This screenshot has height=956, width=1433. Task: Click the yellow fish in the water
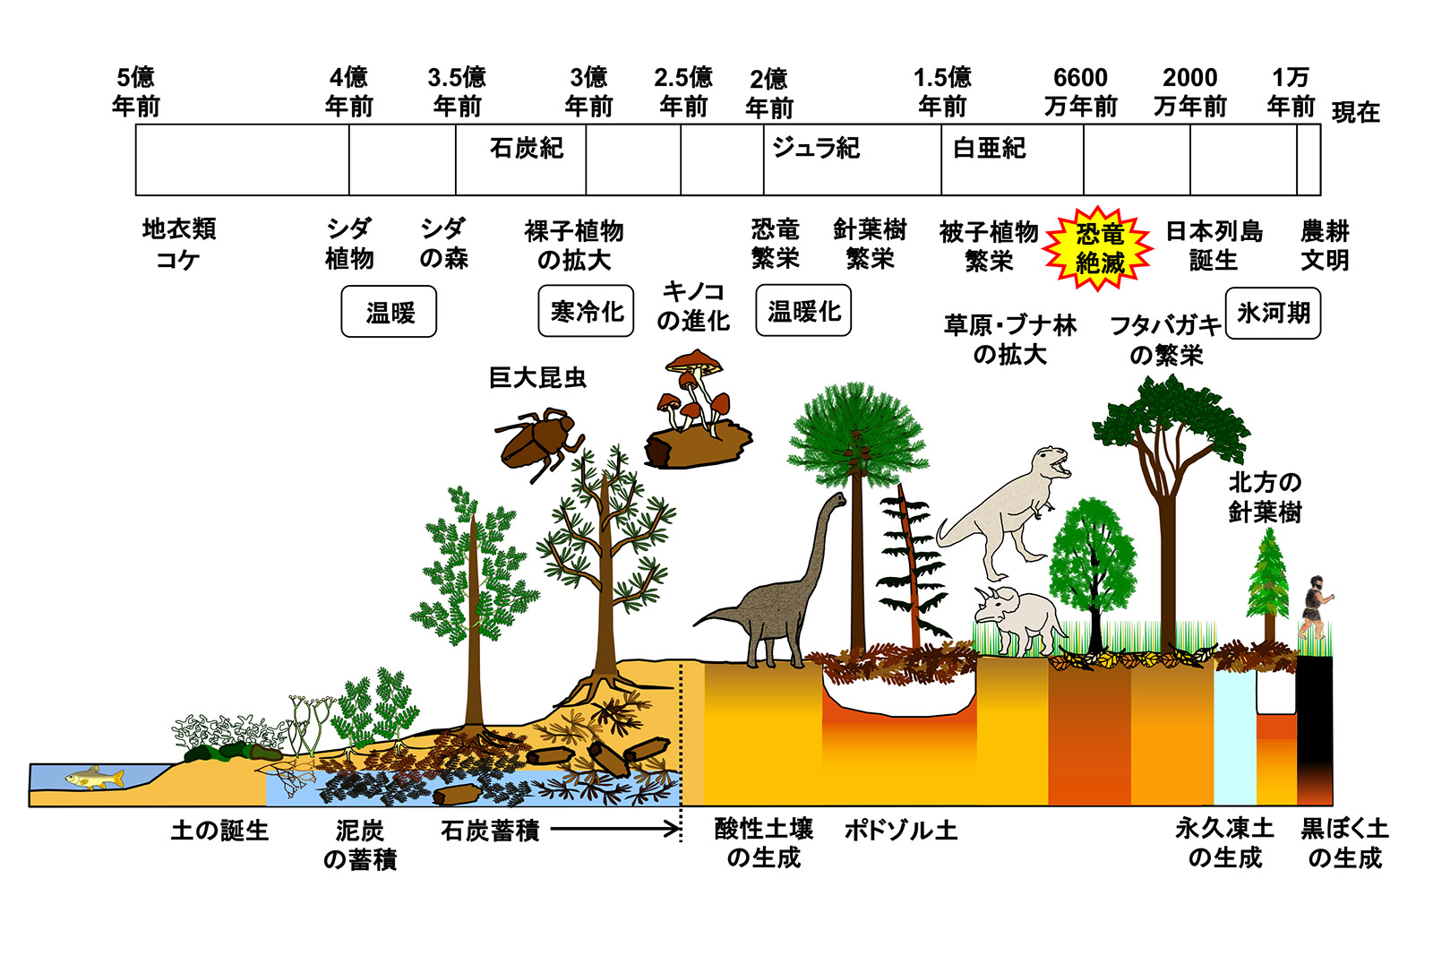pos(94,778)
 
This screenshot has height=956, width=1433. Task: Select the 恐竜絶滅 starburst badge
pos(1099,248)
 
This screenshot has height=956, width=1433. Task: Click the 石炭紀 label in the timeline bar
pos(527,148)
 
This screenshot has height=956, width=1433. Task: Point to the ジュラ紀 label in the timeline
pos(816,148)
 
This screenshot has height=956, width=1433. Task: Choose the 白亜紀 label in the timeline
pos(989,148)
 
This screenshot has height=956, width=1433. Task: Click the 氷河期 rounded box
pos(1273,313)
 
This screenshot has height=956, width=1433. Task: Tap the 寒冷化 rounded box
pos(587,312)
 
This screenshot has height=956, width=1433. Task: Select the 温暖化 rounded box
pos(803,311)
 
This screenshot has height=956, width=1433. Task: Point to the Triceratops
pos(1019,617)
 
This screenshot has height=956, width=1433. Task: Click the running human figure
pos(1315,607)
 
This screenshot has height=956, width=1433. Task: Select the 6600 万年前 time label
pos(1081,92)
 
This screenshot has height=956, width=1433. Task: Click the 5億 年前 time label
pos(135,92)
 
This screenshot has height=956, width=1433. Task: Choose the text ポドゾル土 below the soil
pos(901,831)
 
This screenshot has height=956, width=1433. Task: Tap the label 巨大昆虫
pos(537,377)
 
